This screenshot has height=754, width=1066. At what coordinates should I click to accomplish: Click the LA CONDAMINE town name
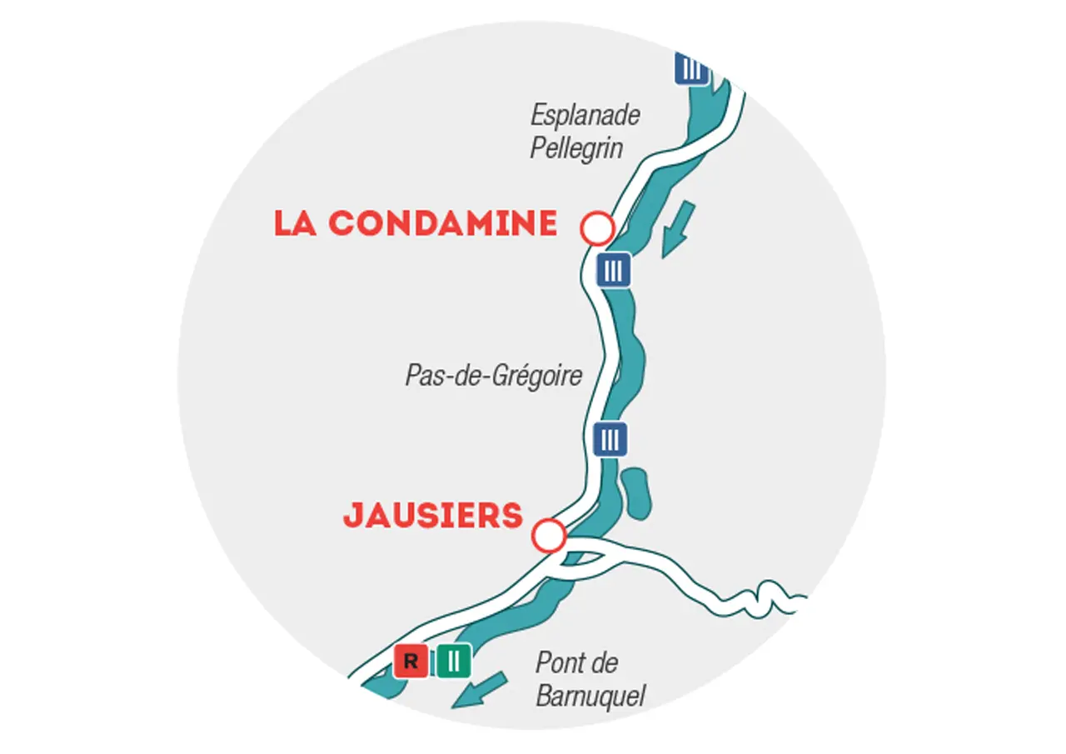click(x=415, y=223)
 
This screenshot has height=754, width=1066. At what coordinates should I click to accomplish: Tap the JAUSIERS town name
click(x=433, y=516)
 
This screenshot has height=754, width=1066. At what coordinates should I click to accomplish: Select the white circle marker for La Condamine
click(x=597, y=227)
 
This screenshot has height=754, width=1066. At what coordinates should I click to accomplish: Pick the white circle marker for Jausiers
click(x=549, y=535)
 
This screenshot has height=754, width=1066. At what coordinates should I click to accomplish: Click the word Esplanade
click(x=585, y=115)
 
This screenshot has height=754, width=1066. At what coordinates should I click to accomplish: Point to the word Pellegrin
click(x=576, y=149)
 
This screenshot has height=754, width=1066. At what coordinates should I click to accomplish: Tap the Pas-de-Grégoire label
click(x=493, y=376)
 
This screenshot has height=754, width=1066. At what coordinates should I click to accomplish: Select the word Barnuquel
click(x=590, y=697)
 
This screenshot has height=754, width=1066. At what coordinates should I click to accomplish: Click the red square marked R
click(x=411, y=662)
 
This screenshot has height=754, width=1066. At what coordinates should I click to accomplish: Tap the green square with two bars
click(x=454, y=662)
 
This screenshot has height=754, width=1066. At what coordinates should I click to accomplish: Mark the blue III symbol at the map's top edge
click(x=691, y=68)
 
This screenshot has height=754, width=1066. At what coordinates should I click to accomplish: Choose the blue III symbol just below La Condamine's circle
click(x=613, y=270)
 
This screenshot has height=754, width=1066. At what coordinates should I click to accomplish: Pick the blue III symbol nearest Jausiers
click(x=610, y=438)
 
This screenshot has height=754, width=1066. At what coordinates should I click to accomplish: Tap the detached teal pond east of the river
click(x=636, y=493)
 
